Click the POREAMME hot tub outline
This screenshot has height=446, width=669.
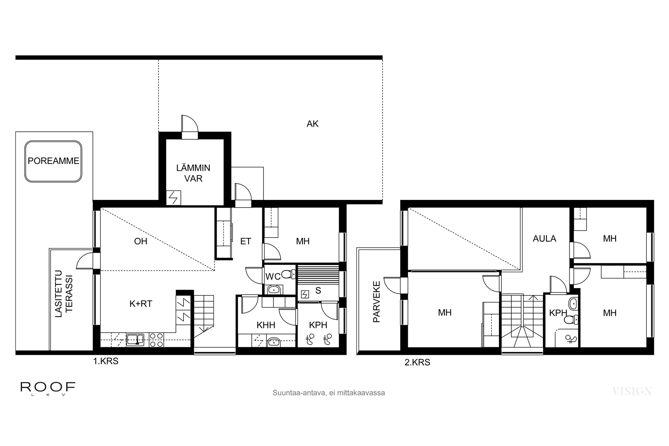click(x=53, y=161)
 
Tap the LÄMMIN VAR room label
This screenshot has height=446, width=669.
click(x=193, y=173)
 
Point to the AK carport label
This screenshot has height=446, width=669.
click(x=312, y=124)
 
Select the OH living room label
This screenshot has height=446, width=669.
click(x=140, y=241)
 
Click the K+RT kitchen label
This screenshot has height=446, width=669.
click(x=141, y=304)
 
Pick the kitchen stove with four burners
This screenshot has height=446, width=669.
click(x=157, y=340)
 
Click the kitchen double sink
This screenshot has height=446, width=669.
click(x=135, y=340)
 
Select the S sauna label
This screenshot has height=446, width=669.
click(x=318, y=290)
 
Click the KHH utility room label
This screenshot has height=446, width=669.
click(x=266, y=325)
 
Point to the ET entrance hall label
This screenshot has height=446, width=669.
click(x=246, y=241)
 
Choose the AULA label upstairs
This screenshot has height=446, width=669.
click(x=544, y=238)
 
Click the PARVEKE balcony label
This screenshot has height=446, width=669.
click(x=376, y=301)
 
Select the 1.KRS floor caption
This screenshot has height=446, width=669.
click(x=105, y=361)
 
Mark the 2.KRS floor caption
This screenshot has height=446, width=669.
click(x=417, y=362)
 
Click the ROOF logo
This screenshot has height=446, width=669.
click(x=48, y=388)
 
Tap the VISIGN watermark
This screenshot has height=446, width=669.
click(x=632, y=391)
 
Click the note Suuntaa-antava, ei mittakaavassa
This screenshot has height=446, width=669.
click(x=328, y=393)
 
